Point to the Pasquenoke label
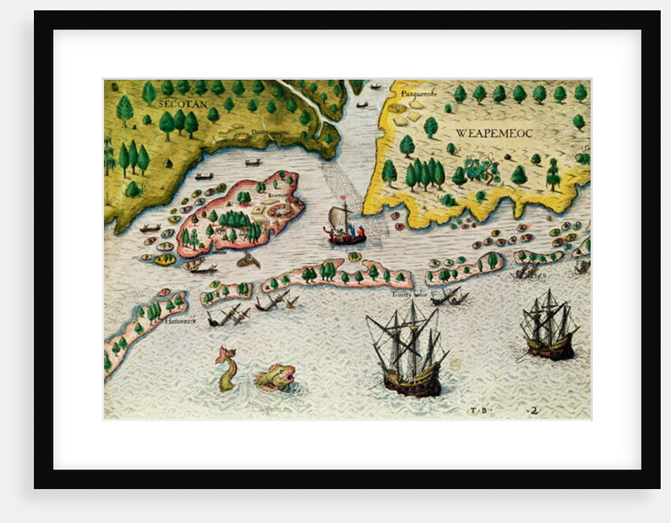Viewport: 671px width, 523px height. pyautogui.click(x=408, y=92)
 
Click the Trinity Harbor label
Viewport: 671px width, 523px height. pyautogui.click(x=409, y=294)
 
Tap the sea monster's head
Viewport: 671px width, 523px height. pyautogui.click(x=276, y=377)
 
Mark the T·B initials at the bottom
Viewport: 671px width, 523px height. pyautogui.click(x=477, y=410)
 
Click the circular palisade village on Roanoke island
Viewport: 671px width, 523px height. pyautogui.click(x=279, y=210)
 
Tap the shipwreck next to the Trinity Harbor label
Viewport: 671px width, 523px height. pyautogui.click(x=448, y=297)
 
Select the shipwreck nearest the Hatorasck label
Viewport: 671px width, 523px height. pyautogui.click(x=228, y=314)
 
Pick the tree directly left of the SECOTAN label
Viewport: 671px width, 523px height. pyautogui.click(x=149, y=92)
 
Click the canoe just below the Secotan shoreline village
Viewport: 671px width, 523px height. pyautogui.click(x=253, y=162)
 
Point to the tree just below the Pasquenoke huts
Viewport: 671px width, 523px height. pyautogui.click(x=430, y=126)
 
